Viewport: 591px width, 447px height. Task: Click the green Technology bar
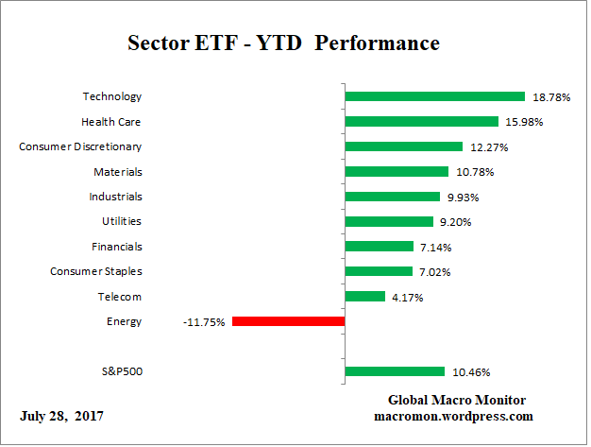point(434,96)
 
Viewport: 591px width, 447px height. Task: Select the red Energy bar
point(288,321)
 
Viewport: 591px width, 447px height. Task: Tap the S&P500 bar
point(395,371)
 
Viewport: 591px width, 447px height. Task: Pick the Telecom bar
point(364,297)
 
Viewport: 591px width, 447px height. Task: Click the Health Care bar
point(421,121)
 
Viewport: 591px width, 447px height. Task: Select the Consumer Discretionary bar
point(403,146)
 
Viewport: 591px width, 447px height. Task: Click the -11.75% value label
point(204,322)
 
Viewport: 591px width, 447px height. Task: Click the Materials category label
point(118,172)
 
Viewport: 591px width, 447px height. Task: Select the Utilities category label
point(122,221)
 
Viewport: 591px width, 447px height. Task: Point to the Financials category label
point(117,246)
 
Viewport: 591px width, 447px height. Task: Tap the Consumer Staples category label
point(96,271)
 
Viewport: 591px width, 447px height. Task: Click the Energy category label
point(125,321)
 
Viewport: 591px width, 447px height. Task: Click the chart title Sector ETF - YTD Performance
point(283,43)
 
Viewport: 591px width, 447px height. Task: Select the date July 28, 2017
point(61,416)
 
